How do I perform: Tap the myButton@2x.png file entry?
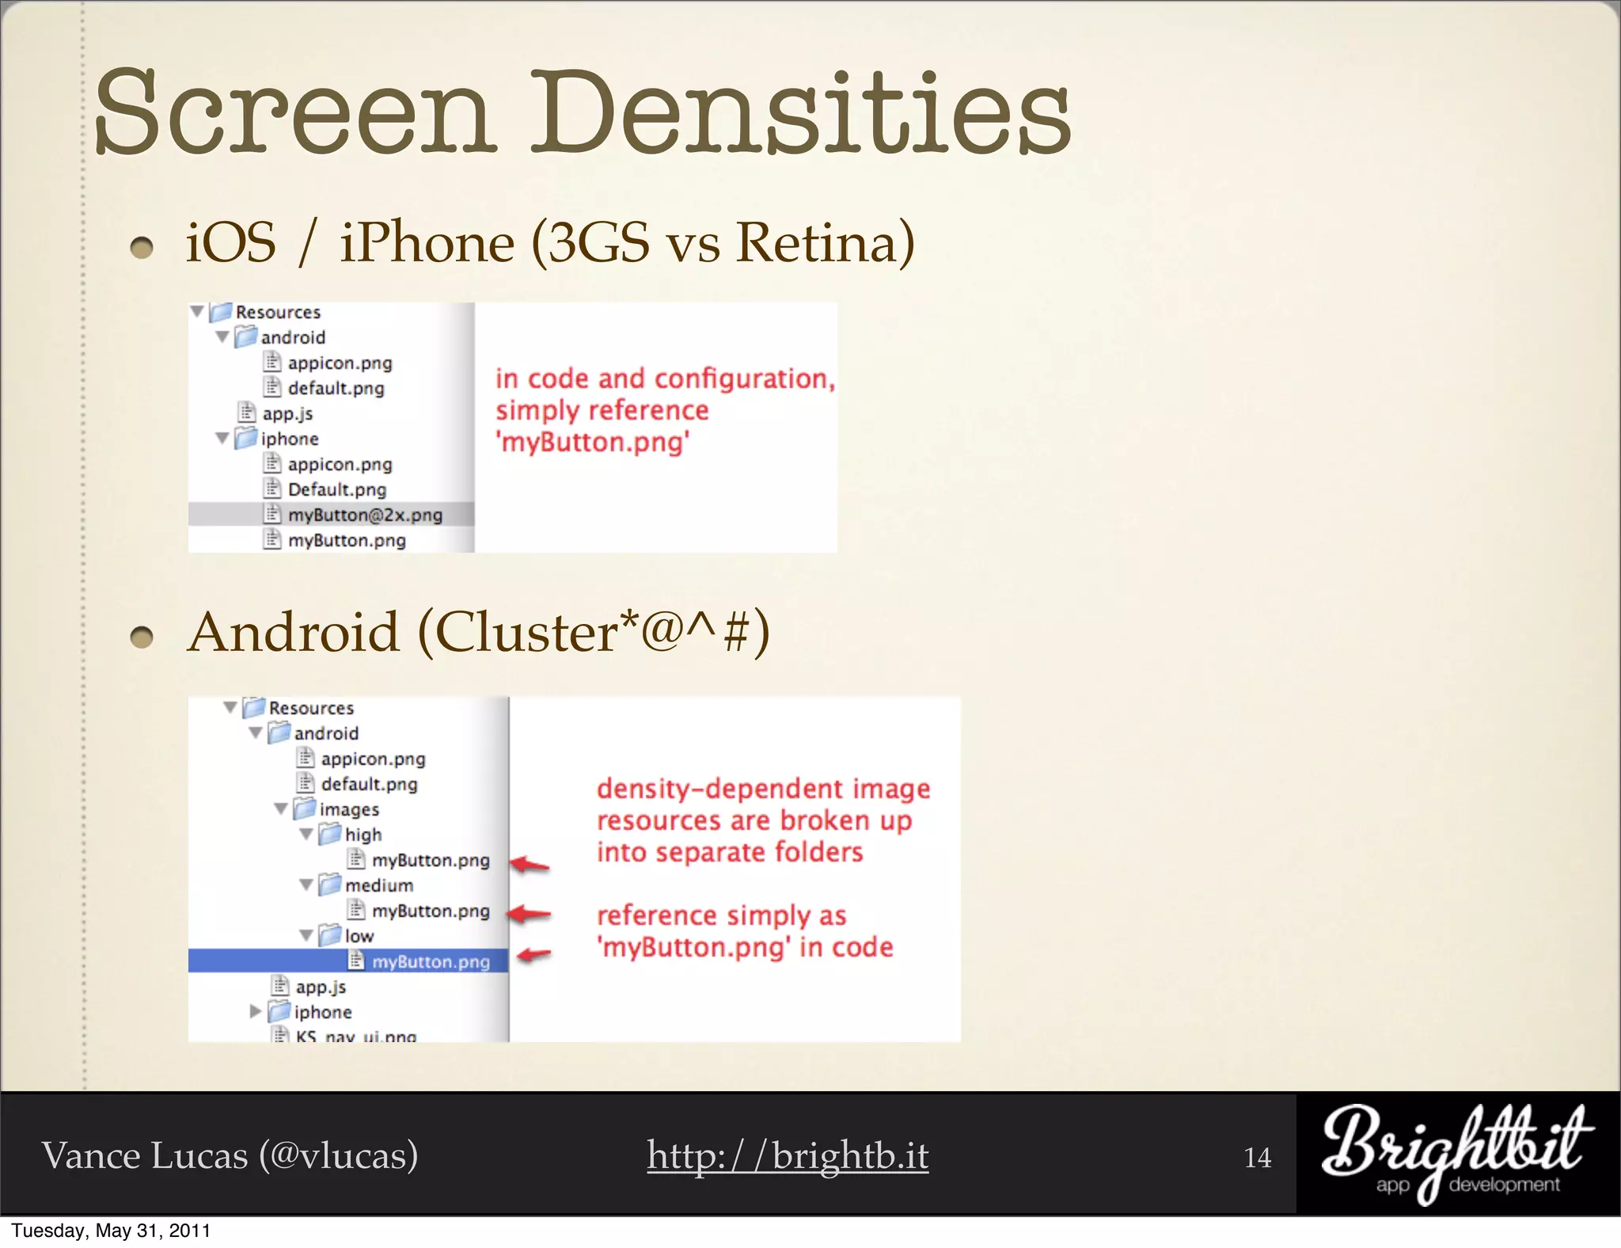[x=364, y=515]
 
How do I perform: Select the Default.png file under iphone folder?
[x=336, y=489]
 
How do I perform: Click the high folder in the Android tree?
[x=362, y=835]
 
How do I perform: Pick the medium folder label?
[x=378, y=885]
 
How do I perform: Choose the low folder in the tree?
[x=358, y=936]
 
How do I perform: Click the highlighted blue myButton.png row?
[x=430, y=961]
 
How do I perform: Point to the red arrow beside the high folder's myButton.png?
[x=530, y=865]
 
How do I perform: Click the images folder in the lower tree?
[x=348, y=809]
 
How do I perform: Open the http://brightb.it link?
[x=788, y=1155]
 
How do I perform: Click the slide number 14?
[x=1257, y=1158]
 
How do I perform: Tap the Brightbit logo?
[x=1456, y=1152]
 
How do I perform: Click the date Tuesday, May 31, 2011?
[x=111, y=1231]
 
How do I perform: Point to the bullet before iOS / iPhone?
[x=142, y=248]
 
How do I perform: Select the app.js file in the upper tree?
[x=287, y=413]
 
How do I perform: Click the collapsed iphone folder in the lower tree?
[x=321, y=1012]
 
